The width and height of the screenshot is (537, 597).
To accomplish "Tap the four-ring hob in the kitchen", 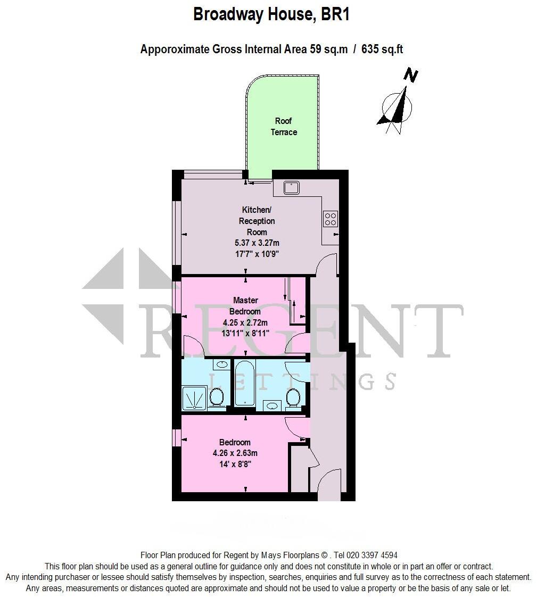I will pos(331,219).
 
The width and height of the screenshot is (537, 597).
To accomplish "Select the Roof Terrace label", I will pos(284,127).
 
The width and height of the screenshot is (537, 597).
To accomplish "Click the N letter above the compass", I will pos(410,76).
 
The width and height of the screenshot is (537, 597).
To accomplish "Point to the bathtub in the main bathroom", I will pos(245,383).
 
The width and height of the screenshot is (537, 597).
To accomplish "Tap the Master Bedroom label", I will pos(245,306).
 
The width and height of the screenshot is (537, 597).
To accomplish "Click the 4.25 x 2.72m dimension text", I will pos(245,322).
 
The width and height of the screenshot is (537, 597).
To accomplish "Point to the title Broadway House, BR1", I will pos(271,14).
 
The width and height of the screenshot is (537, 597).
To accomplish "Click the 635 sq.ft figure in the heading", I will pos(382,49).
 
